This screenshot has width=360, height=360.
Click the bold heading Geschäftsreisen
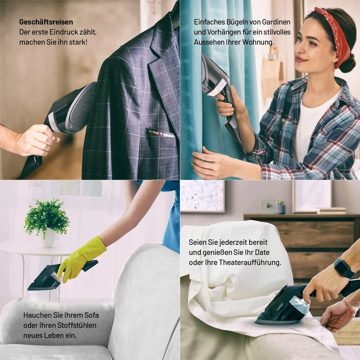tap(46, 22)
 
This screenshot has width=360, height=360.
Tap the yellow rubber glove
tap(81, 259)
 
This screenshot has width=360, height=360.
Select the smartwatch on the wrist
tap(343, 268)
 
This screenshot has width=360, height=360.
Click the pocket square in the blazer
tap(160, 133)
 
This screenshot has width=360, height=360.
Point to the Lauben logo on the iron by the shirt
tap(279, 307)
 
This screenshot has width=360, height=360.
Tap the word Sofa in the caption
tap(91, 315)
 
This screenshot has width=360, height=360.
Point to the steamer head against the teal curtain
tap(213, 76)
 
